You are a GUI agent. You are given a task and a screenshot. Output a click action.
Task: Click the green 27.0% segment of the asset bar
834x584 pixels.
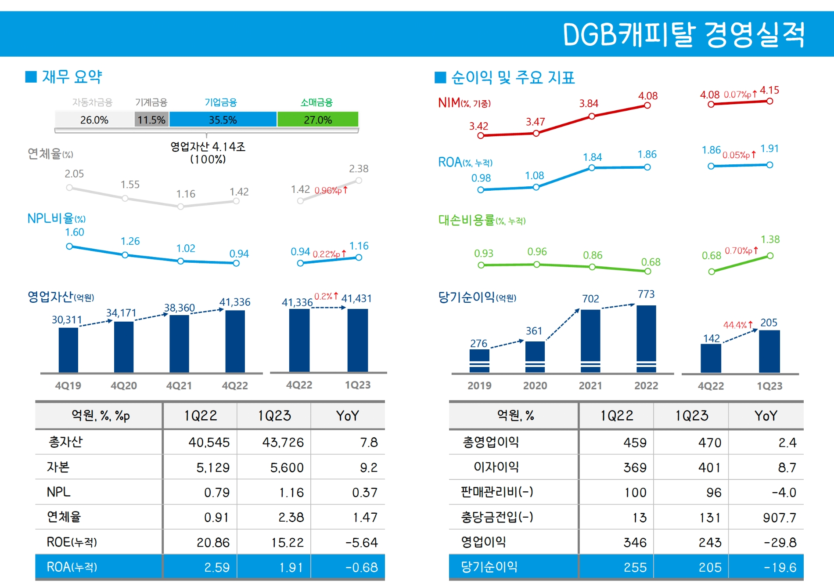tap(318, 120)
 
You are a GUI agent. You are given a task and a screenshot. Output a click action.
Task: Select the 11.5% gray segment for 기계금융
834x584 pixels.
tap(151, 120)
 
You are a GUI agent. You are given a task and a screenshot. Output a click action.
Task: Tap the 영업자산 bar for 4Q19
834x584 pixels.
tap(68, 350)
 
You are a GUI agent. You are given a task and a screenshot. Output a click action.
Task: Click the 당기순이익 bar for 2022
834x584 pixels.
tap(646, 338)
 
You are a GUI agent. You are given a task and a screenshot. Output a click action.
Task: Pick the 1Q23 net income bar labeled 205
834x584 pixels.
tap(769, 351)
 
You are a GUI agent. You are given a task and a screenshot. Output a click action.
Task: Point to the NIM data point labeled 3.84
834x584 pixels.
tap(592, 116)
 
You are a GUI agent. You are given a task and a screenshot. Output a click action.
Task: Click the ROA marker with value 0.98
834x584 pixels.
tap(481, 190)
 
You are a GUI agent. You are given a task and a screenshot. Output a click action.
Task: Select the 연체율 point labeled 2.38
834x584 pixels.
tap(359, 180)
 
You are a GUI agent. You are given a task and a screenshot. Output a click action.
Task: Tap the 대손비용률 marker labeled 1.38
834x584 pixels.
tap(770, 256)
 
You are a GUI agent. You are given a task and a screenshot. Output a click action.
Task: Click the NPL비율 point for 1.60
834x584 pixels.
tap(69, 247)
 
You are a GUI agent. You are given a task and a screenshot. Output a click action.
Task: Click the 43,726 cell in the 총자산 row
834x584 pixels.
tap(283, 442)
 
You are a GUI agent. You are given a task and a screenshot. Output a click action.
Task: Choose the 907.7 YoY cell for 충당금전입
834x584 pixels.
tap(779, 518)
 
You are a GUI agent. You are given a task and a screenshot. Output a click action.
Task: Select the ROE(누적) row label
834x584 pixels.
tap(72, 542)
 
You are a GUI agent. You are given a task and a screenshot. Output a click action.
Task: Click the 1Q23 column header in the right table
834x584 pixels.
tap(691, 416)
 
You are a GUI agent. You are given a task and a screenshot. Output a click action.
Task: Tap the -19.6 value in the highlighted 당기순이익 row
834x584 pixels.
tap(780, 567)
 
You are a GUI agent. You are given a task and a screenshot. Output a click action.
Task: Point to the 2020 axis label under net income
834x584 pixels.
tap(535, 386)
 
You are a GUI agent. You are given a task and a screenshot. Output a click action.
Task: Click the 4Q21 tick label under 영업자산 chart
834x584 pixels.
tap(179, 386)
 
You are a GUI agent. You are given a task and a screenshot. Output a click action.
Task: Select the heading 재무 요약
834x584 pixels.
tap(72, 77)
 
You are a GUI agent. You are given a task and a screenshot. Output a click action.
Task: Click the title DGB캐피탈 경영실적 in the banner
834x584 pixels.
tap(683, 34)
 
